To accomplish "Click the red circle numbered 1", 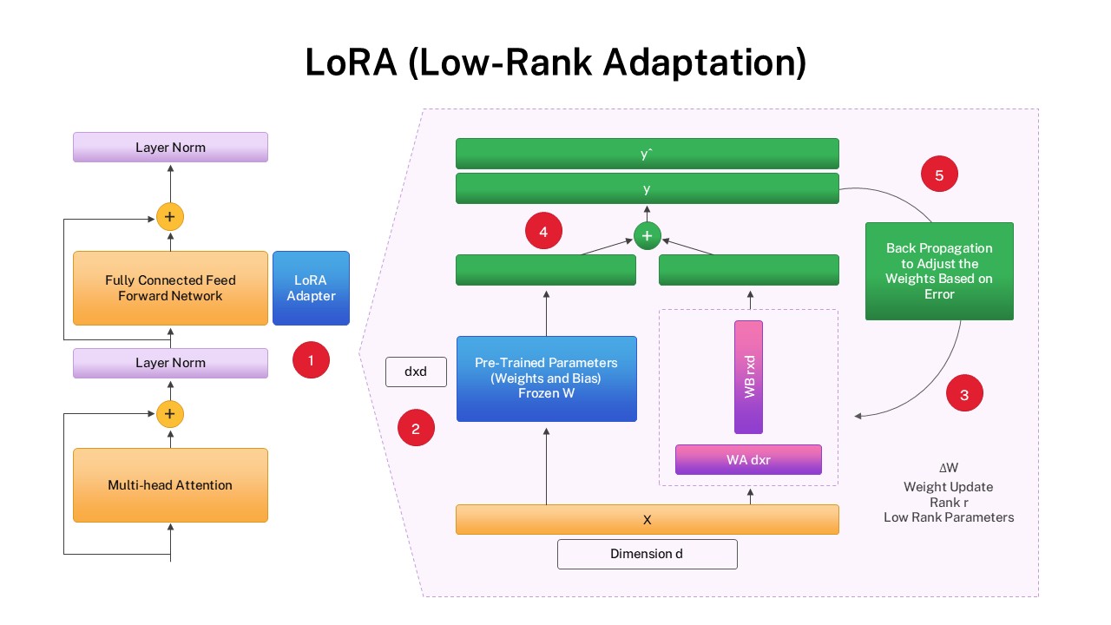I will click(312, 359).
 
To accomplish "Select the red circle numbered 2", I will click(416, 428).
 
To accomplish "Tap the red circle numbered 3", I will click(964, 394).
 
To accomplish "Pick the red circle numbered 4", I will click(543, 232).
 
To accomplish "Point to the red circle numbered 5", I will click(939, 174).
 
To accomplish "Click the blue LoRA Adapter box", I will click(311, 288).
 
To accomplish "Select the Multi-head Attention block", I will click(170, 485).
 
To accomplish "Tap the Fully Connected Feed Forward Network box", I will click(170, 288).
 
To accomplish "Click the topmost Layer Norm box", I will click(170, 148).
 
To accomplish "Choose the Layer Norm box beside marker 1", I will click(170, 363).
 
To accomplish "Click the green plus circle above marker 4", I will click(648, 235).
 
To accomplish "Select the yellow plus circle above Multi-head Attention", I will click(170, 414).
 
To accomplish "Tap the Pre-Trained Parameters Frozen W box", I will click(546, 378).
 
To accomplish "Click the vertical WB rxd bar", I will click(748, 377).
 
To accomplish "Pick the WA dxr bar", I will click(748, 459).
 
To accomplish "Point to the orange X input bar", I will click(648, 520).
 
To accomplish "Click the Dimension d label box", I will click(647, 554).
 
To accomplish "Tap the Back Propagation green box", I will click(939, 271).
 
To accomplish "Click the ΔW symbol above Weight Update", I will click(949, 468).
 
